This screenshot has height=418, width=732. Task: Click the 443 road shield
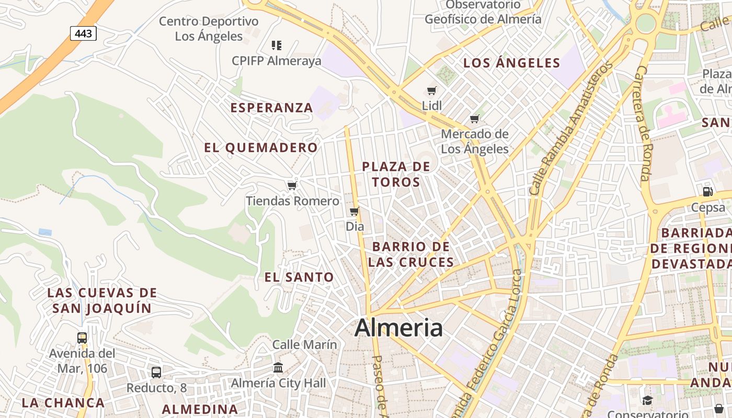tap(83, 34)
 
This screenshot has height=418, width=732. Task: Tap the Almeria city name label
tap(398, 328)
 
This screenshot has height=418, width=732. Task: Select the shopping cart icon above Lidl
tap(432, 90)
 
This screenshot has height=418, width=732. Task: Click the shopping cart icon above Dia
tap(354, 211)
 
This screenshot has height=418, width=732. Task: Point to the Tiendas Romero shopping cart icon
tap(292, 185)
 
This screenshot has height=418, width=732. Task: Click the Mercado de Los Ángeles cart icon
tap(474, 119)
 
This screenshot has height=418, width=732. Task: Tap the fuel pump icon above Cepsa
tap(708, 192)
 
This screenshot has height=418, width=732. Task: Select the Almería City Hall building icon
tap(278, 368)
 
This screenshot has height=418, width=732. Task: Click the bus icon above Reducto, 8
tap(156, 373)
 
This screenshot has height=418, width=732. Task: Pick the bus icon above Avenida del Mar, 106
tap(82, 338)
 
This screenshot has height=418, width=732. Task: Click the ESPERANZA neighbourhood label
tap(271, 108)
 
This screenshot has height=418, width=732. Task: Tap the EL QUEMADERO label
tap(261, 148)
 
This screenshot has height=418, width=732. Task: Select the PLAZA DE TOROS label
tap(396, 175)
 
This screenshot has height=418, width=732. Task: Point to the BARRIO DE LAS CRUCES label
tap(410, 254)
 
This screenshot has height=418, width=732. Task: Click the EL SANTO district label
tap(299, 277)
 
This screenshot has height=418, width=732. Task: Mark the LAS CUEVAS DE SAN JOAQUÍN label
tap(102, 300)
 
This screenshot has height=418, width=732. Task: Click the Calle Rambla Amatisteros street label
tap(570, 129)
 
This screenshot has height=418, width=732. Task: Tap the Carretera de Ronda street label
tap(643, 123)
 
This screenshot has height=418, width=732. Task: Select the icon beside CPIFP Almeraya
tap(277, 45)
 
